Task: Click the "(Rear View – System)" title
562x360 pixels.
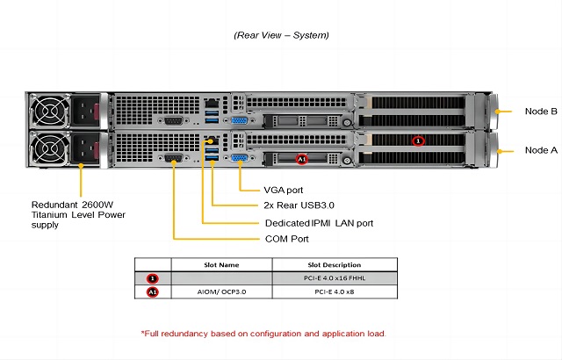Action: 281,35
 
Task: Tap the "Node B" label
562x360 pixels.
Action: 540,112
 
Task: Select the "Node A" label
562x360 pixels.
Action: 540,150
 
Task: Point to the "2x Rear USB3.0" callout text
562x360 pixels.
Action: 299,206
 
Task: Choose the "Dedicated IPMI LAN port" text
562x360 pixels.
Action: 319,223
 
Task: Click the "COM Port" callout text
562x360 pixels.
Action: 286,239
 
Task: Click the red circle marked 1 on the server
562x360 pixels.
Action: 418,140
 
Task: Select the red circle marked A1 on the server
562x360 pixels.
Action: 301,160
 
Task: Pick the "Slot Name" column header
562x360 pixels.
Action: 217,264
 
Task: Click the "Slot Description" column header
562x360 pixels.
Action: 334,264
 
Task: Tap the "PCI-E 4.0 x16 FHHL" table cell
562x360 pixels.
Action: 334,278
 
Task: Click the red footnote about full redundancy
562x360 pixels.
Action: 263,334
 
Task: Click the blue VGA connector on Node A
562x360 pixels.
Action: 238,158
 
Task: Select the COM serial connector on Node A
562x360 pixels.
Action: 173,159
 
